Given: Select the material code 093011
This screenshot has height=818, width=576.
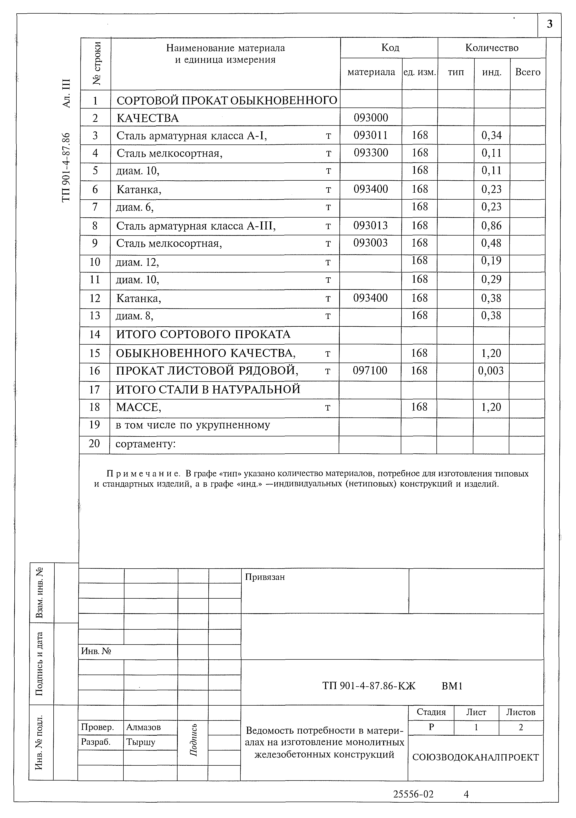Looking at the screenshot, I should [370, 135].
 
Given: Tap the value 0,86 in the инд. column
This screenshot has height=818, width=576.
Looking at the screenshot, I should [491, 226].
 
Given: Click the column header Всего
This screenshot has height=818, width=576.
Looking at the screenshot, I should [528, 72].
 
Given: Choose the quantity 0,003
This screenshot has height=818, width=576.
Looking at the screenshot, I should [491, 371].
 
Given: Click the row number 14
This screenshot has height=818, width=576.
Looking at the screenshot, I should [94, 335].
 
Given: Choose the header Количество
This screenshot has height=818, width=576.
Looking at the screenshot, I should [492, 48].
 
